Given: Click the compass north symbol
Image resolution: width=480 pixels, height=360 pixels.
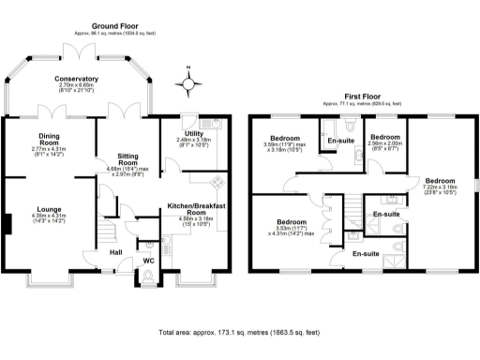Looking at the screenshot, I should [x=189, y=84].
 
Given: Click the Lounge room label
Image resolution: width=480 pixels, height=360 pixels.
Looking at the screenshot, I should [x=49, y=208].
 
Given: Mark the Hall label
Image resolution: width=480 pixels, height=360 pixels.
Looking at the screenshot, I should [x=115, y=251].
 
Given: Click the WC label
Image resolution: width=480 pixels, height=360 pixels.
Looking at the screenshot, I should [x=148, y=260].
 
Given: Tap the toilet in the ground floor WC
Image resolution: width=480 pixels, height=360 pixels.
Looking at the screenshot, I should [x=147, y=276].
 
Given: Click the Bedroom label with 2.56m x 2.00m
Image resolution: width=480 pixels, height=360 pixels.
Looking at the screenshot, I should [x=385, y=136].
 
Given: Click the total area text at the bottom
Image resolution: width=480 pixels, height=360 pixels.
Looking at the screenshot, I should [x=239, y=332].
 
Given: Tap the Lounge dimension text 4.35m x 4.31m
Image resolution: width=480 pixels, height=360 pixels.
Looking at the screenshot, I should [x=49, y=217].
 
